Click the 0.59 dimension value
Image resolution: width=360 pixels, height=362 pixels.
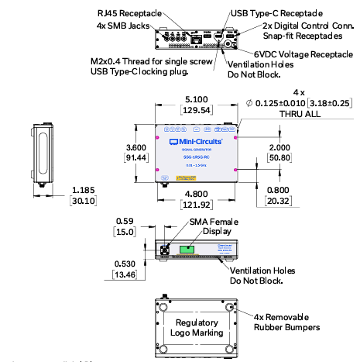coord(125,219)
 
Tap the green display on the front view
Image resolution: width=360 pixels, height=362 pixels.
coord(188,250)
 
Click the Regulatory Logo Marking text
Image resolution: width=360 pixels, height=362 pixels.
coord(197,327)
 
